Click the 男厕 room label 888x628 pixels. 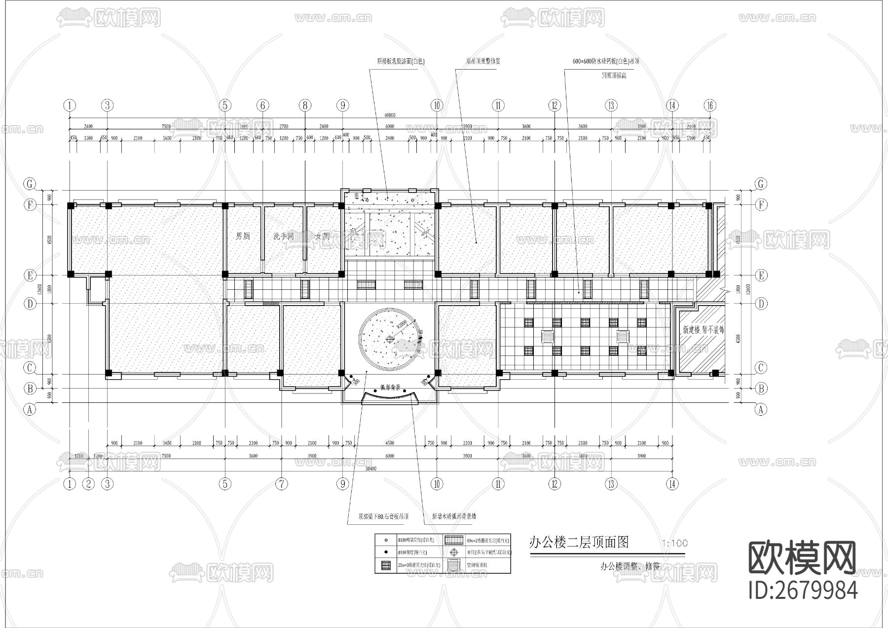[242, 236]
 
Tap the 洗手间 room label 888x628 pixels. [284, 236]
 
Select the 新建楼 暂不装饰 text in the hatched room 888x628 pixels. [703, 330]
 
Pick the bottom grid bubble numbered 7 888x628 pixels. [281, 484]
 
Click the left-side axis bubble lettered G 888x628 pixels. [30, 184]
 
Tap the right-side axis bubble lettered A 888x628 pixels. [761, 409]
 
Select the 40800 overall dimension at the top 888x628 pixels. [389, 115]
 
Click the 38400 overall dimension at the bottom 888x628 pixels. [370, 468]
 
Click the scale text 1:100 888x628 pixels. [675, 543]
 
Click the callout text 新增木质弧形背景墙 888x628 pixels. [454, 516]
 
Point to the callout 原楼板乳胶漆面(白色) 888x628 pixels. [401, 62]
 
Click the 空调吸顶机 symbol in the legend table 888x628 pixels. [452, 564]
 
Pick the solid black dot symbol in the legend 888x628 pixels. [385, 552]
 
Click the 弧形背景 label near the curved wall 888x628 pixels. [390, 388]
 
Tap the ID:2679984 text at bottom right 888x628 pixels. [803, 590]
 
